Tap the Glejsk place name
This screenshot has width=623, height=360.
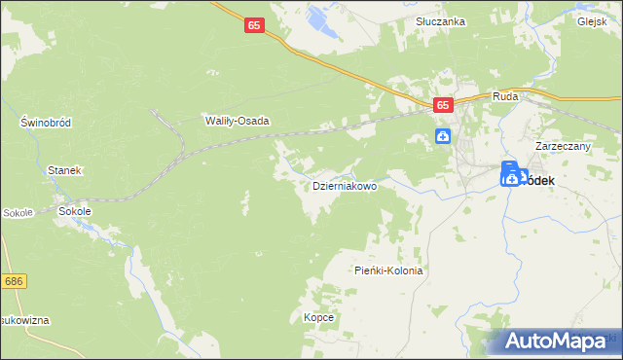[591, 21]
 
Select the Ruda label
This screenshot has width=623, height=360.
[505, 96]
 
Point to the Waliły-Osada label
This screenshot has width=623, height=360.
[237, 121]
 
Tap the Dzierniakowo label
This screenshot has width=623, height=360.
[344, 185]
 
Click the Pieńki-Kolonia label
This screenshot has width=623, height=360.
[388, 271]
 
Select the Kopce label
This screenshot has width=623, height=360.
[319, 318]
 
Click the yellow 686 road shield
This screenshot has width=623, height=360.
[14, 281]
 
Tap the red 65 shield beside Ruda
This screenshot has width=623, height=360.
[443, 105]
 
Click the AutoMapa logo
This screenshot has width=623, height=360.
[559, 342]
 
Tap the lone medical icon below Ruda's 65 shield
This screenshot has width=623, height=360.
[443, 136]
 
